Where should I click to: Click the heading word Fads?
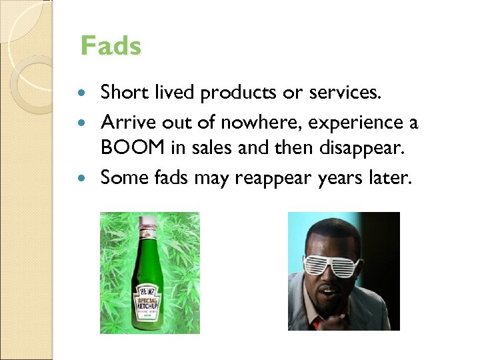tap(111, 47)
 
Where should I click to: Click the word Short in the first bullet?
tap(123, 93)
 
